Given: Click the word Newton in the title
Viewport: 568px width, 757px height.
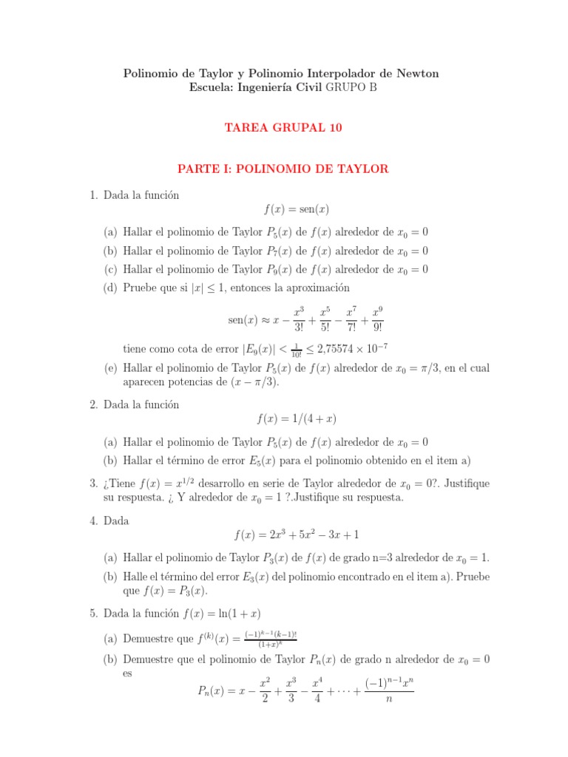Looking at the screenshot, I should (x=419, y=73).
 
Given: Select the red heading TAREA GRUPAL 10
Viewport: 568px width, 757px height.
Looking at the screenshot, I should (x=284, y=128).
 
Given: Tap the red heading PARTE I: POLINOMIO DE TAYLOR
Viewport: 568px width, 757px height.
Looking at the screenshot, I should (x=284, y=169).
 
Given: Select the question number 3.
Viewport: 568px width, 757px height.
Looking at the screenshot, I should (x=93, y=483).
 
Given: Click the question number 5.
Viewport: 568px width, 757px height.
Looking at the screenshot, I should (x=93, y=614).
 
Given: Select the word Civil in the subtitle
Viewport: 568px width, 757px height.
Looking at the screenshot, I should (x=306, y=87).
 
